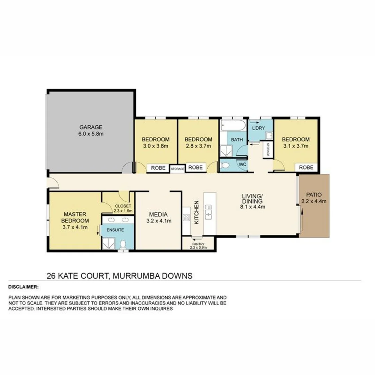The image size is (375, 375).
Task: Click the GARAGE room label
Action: [x=90, y=127]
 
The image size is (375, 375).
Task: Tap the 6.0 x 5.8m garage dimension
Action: [x=90, y=133]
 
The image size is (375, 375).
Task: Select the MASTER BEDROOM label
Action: [x=75, y=217]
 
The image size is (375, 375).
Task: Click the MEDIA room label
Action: [x=158, y=214]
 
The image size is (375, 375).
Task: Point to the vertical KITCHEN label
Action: [x=196, y=212]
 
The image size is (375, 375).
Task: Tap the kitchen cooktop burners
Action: [x=186, y=218]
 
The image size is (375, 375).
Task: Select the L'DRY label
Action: [x=258, y=128]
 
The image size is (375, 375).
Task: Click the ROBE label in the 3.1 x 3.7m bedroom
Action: [x=306, y=167]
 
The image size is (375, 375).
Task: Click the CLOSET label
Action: [x=123, y=206]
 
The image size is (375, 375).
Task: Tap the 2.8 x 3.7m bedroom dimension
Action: [x=198, y=146]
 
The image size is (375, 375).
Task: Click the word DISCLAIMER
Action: [x=23, y=287]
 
